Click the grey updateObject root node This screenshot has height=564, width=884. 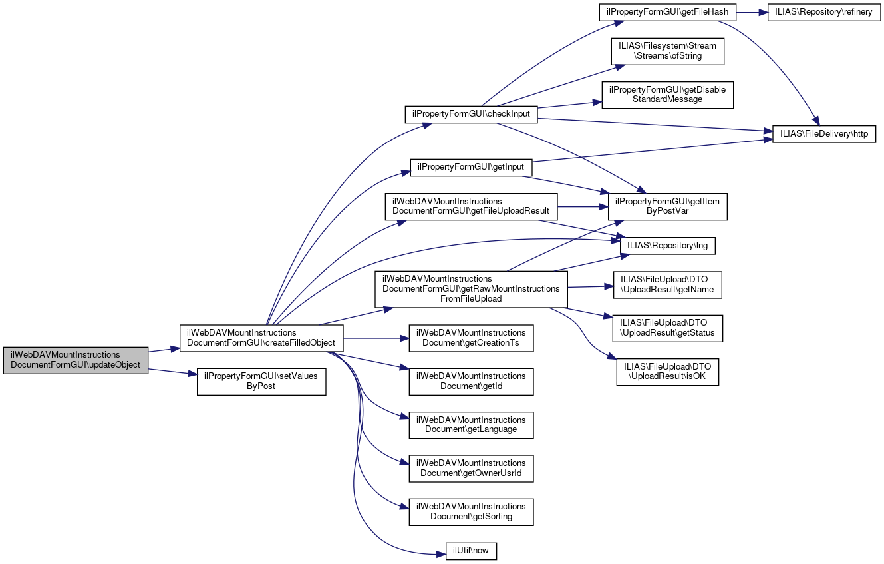(76, 360)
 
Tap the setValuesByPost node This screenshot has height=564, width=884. (261, 381)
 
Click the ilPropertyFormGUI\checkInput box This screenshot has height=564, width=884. (471, 114)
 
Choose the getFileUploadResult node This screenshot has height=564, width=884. (471, 206)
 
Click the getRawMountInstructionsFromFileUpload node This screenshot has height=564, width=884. (471, 289)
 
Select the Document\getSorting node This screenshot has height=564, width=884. (471, 511)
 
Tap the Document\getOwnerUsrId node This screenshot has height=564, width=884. (471, 468)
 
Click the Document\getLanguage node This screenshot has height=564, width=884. (471, 425)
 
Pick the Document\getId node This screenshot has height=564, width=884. (471, 381)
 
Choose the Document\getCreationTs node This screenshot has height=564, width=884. (471, 338)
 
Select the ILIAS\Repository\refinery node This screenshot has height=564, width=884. (824, 12)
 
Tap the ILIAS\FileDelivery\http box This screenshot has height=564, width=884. (824, 134)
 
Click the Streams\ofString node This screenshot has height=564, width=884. (667, 51)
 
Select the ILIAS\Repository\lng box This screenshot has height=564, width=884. (668, 246)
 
